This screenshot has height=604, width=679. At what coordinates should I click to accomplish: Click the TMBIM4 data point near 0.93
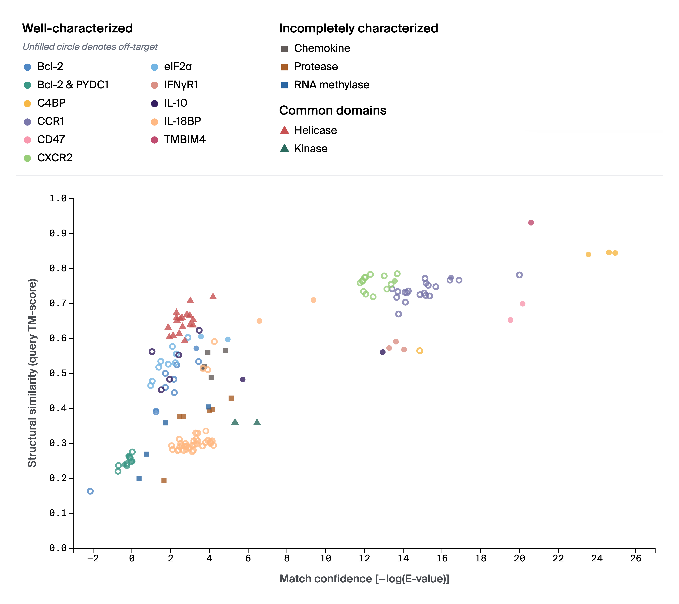(x=531, y=223)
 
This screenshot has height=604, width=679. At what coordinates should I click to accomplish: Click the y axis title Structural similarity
(x=32, y=373)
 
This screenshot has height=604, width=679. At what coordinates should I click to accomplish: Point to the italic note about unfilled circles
(x=90, y=47)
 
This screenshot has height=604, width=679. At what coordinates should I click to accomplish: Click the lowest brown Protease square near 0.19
(x=164, y=480)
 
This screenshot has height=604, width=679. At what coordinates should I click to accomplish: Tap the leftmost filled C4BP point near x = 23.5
(x=588, y=254)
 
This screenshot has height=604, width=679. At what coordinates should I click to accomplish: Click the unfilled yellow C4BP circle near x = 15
(x=420, y=351)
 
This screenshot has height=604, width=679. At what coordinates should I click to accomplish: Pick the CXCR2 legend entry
(x=55, y=158)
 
